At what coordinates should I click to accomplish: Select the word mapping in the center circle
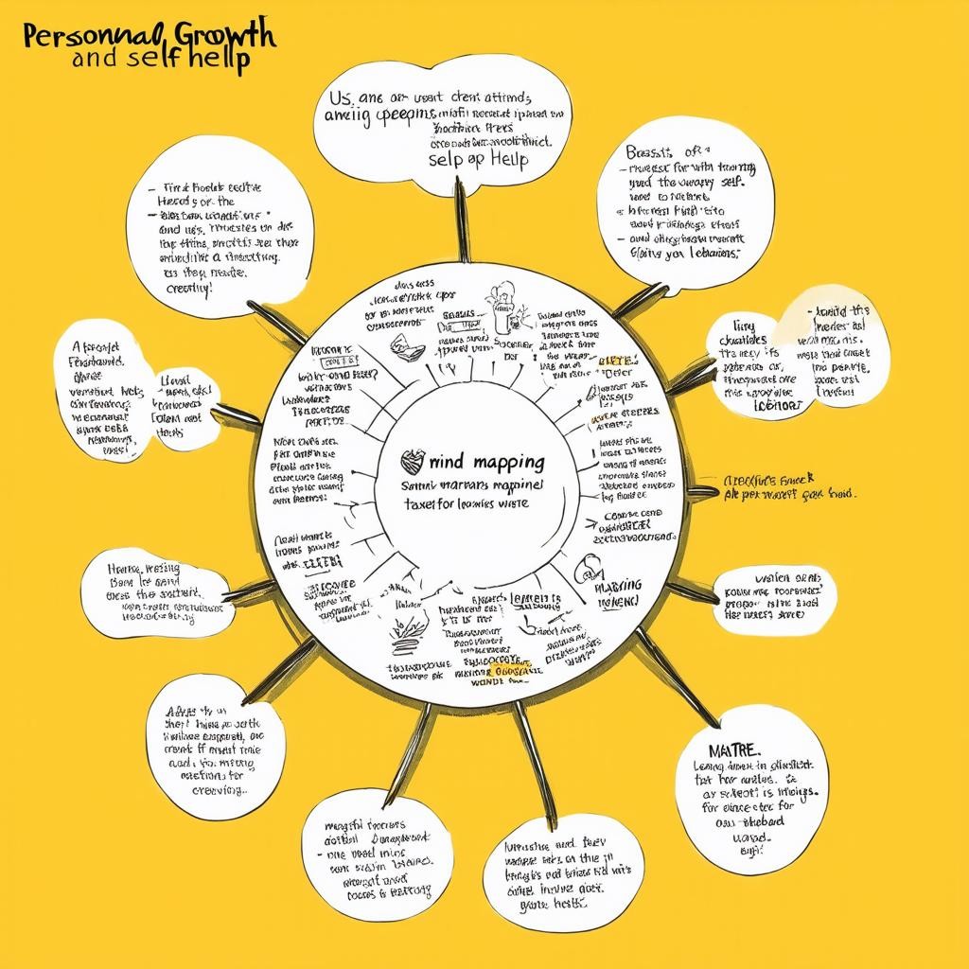pyautogui.click(x=501, y=463)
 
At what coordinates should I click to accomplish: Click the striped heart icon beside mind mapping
pyautogui.click(x=414, y=461)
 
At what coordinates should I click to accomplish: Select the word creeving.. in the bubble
pyautogui.click(x=217, y=789)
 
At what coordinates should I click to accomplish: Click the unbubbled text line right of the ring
pyautogui.click(x=788, y=486)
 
